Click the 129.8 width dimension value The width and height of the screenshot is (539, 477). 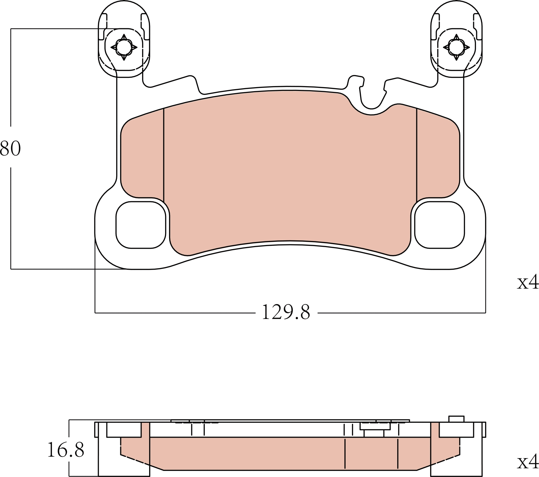click(286, 312)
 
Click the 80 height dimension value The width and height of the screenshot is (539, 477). click(10, 148)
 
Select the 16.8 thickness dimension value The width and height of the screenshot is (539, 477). click(65, 450)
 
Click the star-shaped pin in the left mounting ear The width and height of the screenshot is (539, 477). click(124, 47)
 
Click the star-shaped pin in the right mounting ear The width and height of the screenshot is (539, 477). click(456, 47)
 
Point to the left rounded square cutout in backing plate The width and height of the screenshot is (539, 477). click(141, 225)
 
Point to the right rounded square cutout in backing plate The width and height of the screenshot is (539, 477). click(439, 225)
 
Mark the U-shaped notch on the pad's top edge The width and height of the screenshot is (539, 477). click(372, 101)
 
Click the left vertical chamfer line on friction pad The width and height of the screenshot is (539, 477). click(164, 155)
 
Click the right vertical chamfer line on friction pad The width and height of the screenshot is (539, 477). click(417, 155)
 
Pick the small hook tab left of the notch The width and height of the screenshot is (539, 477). click(356, 81)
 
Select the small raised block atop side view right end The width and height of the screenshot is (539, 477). click(456, 419)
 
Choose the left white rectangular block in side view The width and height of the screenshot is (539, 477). click(124, 430)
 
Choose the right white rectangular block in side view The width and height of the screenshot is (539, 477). click(456, 430)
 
